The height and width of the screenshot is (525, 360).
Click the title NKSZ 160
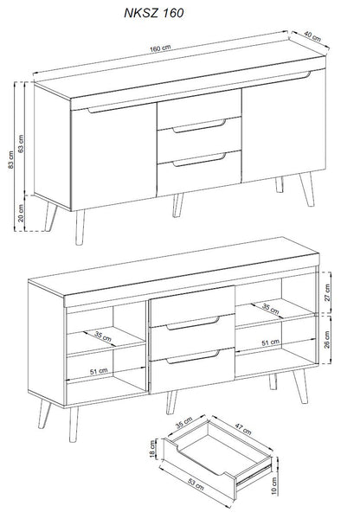154,13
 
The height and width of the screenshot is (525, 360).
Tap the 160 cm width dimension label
160,48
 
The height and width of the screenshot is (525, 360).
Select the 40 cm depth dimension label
312,36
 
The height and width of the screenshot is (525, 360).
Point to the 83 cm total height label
11,160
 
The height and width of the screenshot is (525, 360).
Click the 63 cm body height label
21,144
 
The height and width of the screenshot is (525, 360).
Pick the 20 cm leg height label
21,214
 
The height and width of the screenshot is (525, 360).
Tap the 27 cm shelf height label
327,292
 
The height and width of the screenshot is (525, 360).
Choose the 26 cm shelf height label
327,340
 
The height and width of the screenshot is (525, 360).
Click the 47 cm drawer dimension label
243,429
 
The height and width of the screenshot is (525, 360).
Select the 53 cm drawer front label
196,484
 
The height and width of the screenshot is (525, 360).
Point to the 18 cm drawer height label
153,449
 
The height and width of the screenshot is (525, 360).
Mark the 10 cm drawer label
274,486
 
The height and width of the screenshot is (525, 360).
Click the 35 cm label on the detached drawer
184,423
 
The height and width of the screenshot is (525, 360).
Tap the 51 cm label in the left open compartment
99,371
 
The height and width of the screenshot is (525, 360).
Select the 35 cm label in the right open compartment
270,308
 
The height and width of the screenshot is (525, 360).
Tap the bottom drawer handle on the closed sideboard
200,160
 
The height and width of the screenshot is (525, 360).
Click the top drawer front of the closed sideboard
199,109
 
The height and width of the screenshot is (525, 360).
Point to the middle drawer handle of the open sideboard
193,323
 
